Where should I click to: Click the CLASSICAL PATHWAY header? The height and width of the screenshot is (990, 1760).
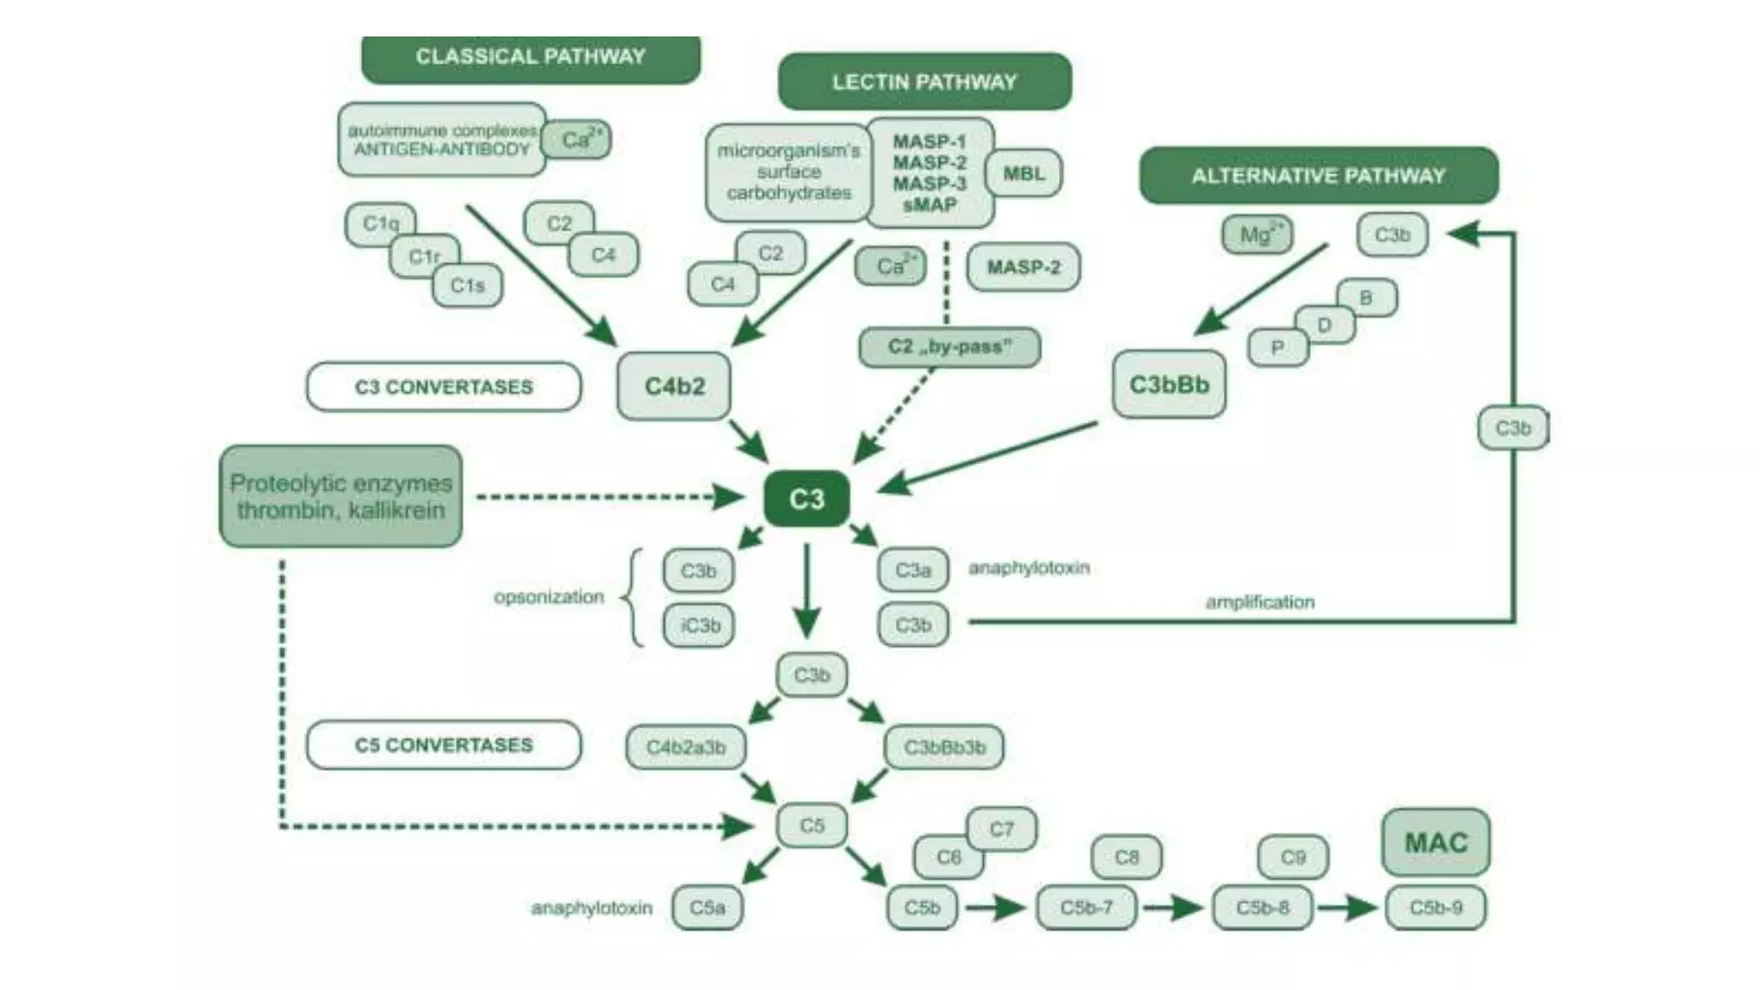[530, 57]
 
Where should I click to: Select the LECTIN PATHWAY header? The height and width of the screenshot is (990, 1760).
[924, 82]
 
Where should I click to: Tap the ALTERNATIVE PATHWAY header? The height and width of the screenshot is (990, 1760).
[1318, 175]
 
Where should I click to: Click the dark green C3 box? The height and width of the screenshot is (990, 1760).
[806, 498]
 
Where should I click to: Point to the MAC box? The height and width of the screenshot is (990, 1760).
[1435, 842]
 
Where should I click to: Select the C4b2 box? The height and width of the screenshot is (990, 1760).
[675, 386]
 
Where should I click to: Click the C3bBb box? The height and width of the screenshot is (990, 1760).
[1169, 384]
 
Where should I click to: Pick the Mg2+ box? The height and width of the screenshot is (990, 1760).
[1256, 234]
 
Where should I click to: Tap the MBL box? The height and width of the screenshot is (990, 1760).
[1024, 174]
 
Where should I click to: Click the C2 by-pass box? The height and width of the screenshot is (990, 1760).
[950, 346]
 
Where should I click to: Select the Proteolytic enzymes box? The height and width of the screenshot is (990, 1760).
[340, 496]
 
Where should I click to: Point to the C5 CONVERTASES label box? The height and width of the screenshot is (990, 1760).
[443, 744]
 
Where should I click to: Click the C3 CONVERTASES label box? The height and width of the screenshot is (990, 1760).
[443, 387]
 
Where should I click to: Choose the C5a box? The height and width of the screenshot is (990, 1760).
[707, 907]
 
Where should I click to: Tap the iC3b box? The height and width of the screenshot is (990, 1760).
[699, 625]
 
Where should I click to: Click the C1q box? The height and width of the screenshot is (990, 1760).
[380, 223]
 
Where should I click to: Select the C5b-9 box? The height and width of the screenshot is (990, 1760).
[1435, 907]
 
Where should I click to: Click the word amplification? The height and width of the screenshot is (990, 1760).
[1260, 602]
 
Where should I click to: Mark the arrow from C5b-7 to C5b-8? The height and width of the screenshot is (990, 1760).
[1174, 907]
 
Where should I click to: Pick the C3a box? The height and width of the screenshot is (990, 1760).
[913, 570]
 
